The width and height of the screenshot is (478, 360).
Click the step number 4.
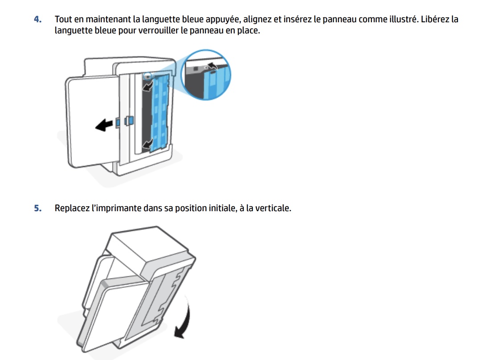tap(37, 19)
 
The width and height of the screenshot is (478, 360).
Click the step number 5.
tap(37, 208)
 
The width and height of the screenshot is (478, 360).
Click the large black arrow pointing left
tap(104, 125)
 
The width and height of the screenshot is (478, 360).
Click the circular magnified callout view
tap(206, 74)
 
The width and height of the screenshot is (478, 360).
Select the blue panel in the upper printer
tap(160, 113)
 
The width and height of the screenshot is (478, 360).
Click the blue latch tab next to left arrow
tap(129, 121)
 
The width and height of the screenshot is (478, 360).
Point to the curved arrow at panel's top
tap(148, 86)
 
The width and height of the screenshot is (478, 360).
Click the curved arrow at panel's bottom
tap(148, 143)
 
